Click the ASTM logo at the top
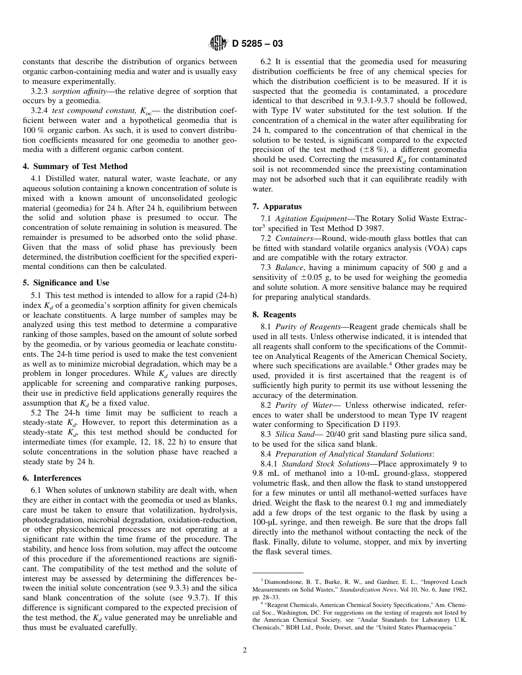point(219,43)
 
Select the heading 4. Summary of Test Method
point(75,166)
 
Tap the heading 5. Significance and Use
point(66,283)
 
